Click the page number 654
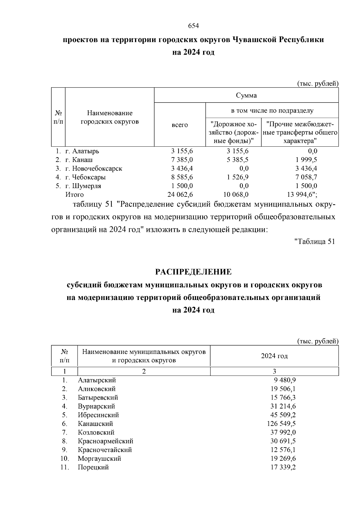point(193,26)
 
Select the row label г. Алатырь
point(82,151)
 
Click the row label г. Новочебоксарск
point(94,169)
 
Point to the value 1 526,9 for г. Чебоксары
point(238,177)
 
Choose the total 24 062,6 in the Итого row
point(180,195)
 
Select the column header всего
point(180,125)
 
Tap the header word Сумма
point(246,95)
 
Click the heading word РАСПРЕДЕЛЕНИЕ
point(193,272)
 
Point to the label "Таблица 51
point(314,241)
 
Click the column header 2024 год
point(274,356)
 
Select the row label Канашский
point(95,424)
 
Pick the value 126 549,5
point(281,424)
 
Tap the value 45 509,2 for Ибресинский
point(283,415)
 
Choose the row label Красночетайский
point(105,450)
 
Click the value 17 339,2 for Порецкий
point(283,467)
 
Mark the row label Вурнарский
point(96,406)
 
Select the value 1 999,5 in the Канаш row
point(306,160)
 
